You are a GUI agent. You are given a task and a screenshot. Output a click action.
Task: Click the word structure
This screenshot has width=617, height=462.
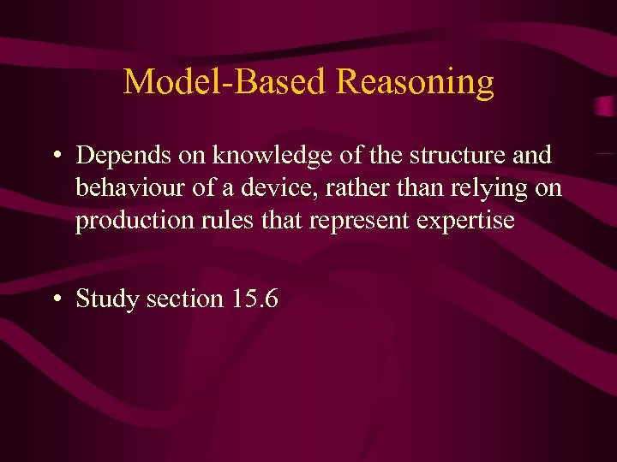click(x=455, y=156)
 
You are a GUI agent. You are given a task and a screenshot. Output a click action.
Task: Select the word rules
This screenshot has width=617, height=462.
click(x=214, y=221)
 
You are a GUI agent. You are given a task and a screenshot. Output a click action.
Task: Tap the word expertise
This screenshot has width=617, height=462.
click(x=466, y=221)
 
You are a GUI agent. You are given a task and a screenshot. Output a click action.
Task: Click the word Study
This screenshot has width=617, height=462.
click(x=108, y=299)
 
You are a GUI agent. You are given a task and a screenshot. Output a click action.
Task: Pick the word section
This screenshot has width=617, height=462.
click(x=184, y=299)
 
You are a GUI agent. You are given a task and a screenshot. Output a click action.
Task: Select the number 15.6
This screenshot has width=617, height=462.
click(x=254, y=299)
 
